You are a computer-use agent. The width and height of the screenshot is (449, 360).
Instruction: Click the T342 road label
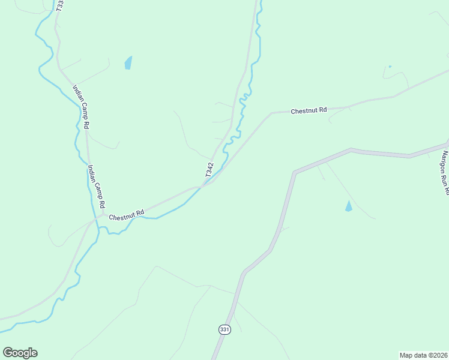[x=209, y=169]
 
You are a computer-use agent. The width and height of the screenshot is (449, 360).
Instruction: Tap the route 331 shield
[x=224, y=329]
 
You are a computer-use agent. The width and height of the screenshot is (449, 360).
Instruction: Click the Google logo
[x=20, y=353]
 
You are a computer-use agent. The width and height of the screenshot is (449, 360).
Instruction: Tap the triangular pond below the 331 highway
[x=348, y=206]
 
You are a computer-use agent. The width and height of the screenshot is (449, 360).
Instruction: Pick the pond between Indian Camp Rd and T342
[x=128, y=62]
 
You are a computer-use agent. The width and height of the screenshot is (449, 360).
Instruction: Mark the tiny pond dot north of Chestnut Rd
[x=390, y=67]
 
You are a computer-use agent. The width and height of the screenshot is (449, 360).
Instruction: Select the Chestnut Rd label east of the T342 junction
[x=309, y=110]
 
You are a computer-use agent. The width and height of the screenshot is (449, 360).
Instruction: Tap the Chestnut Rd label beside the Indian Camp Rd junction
[x=127, y=214]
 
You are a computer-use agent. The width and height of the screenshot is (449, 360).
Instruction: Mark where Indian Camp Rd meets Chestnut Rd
[x=103, y=214]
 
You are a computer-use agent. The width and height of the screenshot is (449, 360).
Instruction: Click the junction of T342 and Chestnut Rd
[x=202, y=186]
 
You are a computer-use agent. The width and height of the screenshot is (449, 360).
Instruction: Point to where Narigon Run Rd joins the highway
[x=447, y=145]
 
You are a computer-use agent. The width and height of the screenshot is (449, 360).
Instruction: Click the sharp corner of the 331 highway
[x=295, y=173]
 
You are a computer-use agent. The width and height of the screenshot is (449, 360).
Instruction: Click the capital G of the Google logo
[x=8, y=352]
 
